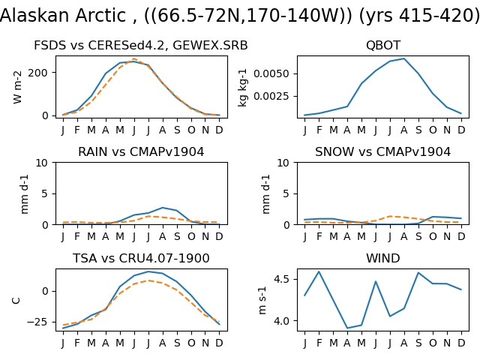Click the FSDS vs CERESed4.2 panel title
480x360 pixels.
pyautogui.click(x=140, y=45)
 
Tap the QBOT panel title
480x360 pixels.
pyautogui.click(x=383, y=45)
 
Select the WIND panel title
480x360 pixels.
pyautogui.click(x=383, y=258)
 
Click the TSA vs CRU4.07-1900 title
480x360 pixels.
pyautogui.click(x=141, y=258)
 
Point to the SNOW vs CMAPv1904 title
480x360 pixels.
pyautogui.click(x=383, y=151)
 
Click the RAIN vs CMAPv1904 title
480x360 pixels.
pyautogui.click(x=141, y=151)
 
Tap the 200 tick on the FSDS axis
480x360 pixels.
pyautogui.click(x=38, y=73)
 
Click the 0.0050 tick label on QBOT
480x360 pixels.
pyautogui.click(x=271, y=73)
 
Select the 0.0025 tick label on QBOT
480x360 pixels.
pyautogui.click(x=271, y=96)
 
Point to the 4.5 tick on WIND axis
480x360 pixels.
pyautogui.click(x=283, y=280)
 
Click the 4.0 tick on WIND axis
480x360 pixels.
pyautogui.click(x=283, y=321)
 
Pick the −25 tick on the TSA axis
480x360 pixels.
pyautogui.click(x=37, y=322)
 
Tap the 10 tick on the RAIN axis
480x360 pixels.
pyautogui.click(x=42, y=163)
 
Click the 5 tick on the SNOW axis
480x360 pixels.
pyautogui.click(x=286, y=193)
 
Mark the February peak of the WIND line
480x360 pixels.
pyautogui.click(x=319, y=271)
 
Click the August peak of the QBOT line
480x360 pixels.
pyautogui.click(x=404, y=58)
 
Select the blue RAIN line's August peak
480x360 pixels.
pyautogui.click(x=163, y=208)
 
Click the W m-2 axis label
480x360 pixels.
pyautogui.click(x=18, y=87)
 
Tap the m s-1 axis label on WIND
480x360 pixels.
pyautogui.click(x=262, y=301)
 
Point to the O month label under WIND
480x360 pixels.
pyautogui.click(x=433, y=343)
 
